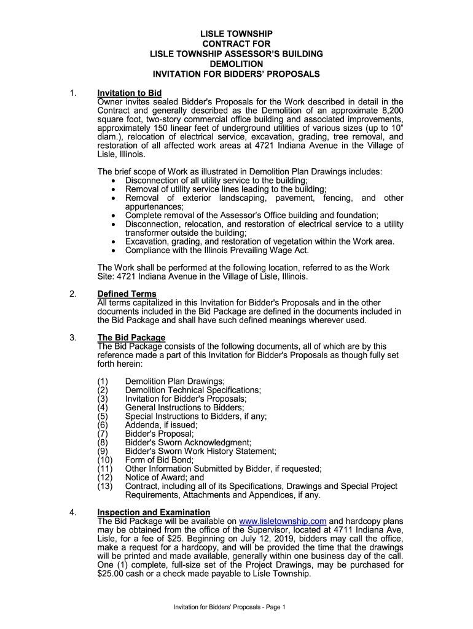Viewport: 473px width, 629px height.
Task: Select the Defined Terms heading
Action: click(x=127, y=294)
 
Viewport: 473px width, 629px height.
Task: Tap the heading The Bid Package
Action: click(x=131, y=337)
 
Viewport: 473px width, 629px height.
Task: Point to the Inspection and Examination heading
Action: click(x=154, y=512)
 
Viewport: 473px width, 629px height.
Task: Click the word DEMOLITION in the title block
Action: click(x=237, y=64)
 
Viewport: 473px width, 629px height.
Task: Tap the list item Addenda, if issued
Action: click(x=161, y=424)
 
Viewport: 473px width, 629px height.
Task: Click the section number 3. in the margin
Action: click(x=73, y=337)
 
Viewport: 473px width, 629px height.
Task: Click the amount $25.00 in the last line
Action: click(x=110, y=574)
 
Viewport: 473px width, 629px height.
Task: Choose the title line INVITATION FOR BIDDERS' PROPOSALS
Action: click(x=237, y=74)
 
